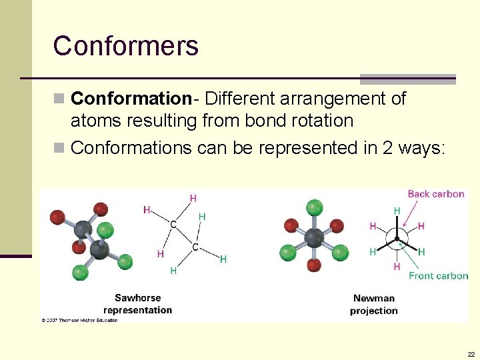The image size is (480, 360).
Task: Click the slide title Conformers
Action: [126, 46]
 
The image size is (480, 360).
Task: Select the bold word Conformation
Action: [131, 99]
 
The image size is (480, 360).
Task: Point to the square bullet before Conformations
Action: [61, 147]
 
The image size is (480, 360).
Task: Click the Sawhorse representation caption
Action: [137, 304]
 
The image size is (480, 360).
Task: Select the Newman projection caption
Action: [373, 305]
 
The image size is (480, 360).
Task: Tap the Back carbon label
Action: [435, 194]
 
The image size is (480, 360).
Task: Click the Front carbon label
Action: [438, 275]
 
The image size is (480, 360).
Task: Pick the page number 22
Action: [471, 354]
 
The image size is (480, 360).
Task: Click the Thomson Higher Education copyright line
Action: [79, 320]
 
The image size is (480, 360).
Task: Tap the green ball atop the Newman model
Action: [313, 206]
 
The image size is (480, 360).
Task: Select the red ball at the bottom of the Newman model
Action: [313, 265]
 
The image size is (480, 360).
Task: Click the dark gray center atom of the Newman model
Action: [313, 237]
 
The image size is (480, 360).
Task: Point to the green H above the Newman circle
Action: [397, 211]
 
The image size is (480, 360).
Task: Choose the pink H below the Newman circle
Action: [397, 267]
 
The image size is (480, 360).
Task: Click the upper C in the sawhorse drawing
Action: [173, 225]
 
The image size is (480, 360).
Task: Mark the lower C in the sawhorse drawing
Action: [195, 247]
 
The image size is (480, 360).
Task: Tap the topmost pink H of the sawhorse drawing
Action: [193, 198]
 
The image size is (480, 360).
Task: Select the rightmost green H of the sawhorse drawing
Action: [223, 259]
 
